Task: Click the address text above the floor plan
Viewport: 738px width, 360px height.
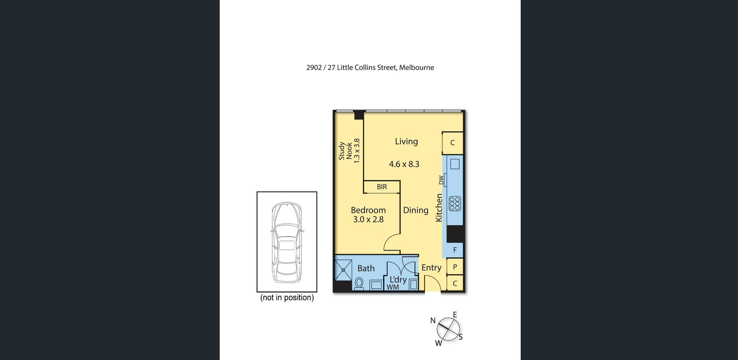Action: (x=370, y=68)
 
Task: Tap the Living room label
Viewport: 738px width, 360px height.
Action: (x=406, y=142)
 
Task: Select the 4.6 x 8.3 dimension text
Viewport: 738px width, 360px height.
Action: (x=404, y=164)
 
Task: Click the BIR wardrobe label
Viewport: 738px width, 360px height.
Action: (x=382, y=187)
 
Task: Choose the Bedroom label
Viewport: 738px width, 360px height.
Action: (x=368, y=210)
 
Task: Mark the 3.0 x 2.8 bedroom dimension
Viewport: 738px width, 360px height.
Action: (x=368, y=219)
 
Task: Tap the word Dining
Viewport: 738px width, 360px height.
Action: (x=416, y=210)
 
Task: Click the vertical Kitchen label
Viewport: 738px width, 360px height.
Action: (x=439, y=208)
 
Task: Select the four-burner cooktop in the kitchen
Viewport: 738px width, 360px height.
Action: (x=455, y=204)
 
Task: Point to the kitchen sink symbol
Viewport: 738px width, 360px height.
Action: (x=455, y=164)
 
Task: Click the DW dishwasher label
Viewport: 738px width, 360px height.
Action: (x=441, y=180)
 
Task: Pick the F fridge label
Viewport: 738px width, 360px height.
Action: (x=455, y=250)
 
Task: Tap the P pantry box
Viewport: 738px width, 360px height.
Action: (x=455, y=267)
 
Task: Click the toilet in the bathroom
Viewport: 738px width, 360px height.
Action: (x=359, y=283)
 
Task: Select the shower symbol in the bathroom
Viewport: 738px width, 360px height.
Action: (x=343, y=270)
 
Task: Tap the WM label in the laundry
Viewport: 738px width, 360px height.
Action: (x=393, y=287)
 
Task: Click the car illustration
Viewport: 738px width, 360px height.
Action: (x=287, y=242)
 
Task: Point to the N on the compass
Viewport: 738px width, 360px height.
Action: (x=433, y=321)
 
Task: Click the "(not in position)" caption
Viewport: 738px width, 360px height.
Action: (x=287, y=298)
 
